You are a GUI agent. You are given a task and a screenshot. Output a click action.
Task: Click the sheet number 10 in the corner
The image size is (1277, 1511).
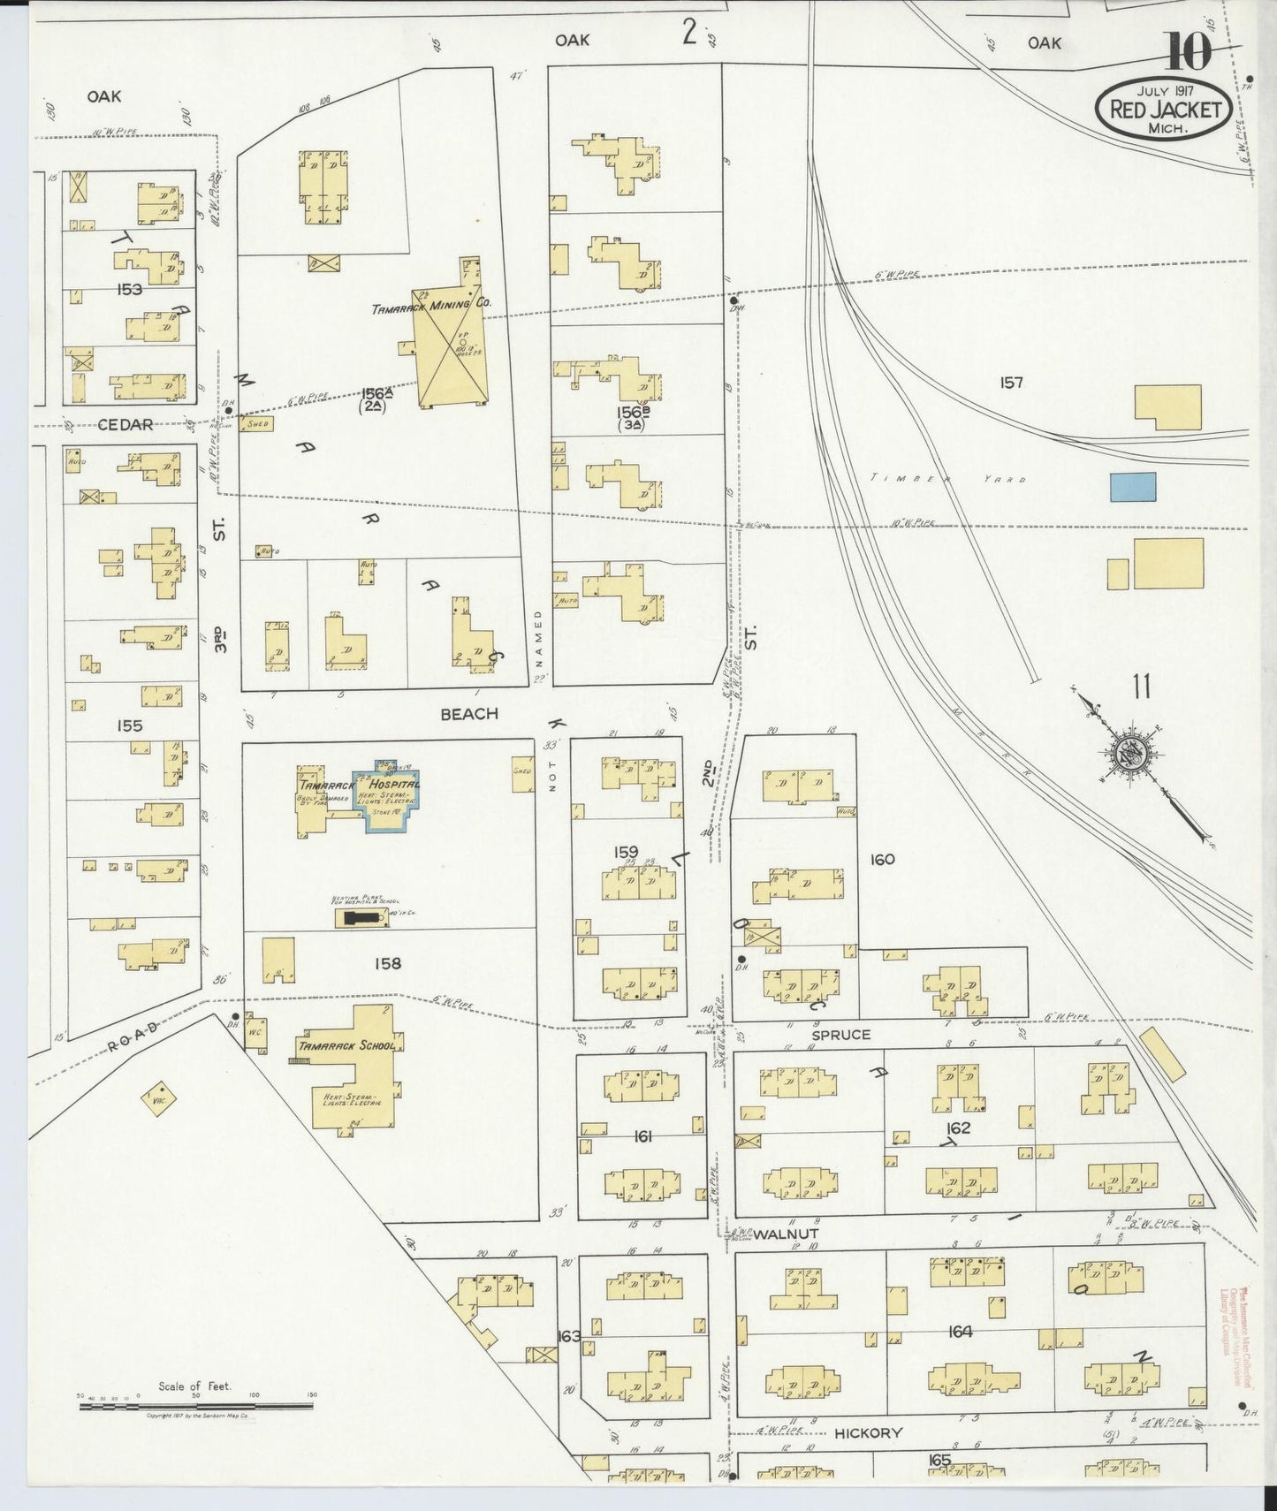tap(1188, 51)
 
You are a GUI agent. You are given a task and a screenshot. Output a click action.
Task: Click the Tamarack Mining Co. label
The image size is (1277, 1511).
tap(431, 303)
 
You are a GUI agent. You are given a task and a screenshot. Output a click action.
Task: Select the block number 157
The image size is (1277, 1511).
tap(1011, 383)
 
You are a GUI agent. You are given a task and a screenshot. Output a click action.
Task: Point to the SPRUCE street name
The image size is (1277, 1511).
tap(840, 1034)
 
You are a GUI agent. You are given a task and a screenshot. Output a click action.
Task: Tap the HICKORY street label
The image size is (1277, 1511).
tap(868, 1433)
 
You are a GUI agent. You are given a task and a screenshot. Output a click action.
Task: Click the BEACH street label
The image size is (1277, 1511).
tap(469, 713)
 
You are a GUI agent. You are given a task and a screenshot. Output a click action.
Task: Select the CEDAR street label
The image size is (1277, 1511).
tap(125, 424)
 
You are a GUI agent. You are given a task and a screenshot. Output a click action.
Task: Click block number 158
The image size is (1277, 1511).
tap(387, 963)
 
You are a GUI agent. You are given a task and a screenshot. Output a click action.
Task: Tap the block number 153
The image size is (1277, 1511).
tap(129, 289)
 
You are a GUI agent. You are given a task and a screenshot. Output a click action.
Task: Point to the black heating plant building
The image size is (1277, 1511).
tap(361, 919)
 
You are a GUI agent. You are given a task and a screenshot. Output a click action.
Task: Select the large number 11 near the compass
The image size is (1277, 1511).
tap(1141, 687)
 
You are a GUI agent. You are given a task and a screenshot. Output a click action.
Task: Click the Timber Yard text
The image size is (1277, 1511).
tap(947, 478)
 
